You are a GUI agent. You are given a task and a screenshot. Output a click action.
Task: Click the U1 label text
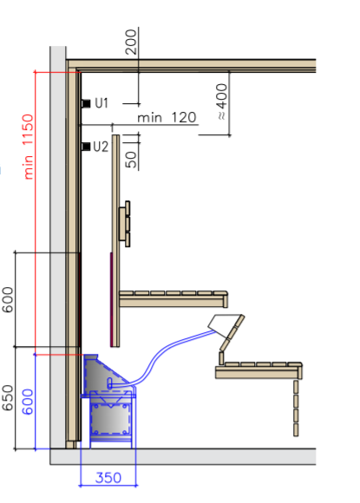[x=101, y=103]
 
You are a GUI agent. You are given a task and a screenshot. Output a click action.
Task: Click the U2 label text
[x=101, y=147]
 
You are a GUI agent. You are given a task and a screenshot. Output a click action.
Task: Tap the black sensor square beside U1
[x=86, y=103]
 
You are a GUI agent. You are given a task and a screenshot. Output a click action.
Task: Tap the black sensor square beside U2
[x=86, y=147]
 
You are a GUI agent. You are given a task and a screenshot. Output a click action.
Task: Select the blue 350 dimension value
[x=108, y=478]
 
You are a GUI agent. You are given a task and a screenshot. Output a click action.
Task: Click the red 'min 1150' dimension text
[x=29, y=147]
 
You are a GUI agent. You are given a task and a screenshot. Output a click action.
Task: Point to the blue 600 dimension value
[x=28, y=402]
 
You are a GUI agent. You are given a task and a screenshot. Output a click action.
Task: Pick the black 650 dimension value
[x=8, y=398]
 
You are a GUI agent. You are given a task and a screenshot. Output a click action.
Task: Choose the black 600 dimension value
[x=8, y=299]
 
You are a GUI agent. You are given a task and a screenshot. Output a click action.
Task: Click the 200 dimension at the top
[x=131, y=42]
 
